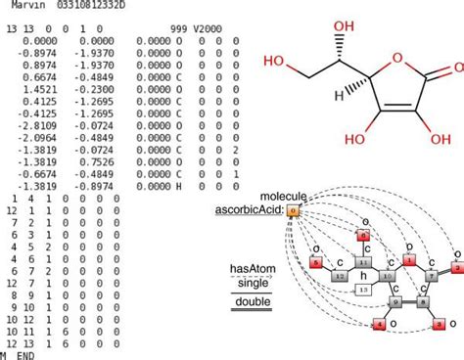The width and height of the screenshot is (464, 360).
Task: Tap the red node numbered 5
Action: [316, 261]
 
